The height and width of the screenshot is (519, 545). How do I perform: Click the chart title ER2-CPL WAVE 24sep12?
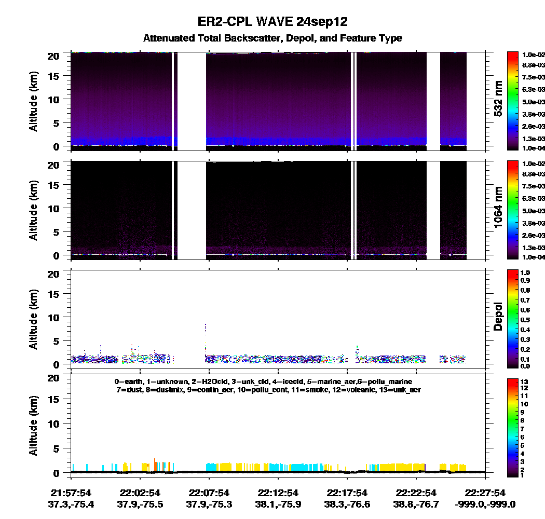tap(272, 22)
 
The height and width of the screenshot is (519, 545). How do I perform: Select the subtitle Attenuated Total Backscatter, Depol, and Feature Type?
tap(272, 38)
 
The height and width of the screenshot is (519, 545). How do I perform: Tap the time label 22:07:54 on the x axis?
tap(209, 493)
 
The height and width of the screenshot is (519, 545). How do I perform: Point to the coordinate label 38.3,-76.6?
tap(347, 504)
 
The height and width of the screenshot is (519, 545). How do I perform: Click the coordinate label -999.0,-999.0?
tap(485, 504)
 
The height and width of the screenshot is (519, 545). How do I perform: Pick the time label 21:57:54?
tap(71, 493)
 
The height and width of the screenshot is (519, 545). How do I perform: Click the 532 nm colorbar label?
tap(498, 99)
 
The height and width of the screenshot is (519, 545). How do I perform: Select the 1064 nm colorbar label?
tap(498, 208)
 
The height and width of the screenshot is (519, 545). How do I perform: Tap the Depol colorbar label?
tap(498, 317)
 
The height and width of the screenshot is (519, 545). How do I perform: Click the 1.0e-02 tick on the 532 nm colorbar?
tap(534, 55)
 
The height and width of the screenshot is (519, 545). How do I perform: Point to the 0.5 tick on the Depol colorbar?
tap(525, 320)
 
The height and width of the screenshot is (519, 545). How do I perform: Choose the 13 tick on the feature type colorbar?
tap(524, 381)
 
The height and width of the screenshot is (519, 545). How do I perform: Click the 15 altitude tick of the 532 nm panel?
tap(54, 76)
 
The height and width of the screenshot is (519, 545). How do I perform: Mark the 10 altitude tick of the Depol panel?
tap(54, 318)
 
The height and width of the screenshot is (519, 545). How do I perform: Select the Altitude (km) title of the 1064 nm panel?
tap(33, 210)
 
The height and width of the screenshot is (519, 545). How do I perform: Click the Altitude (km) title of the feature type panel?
tap(33, 426)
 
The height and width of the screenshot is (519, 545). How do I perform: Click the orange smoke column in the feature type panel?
tap(155, 465)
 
